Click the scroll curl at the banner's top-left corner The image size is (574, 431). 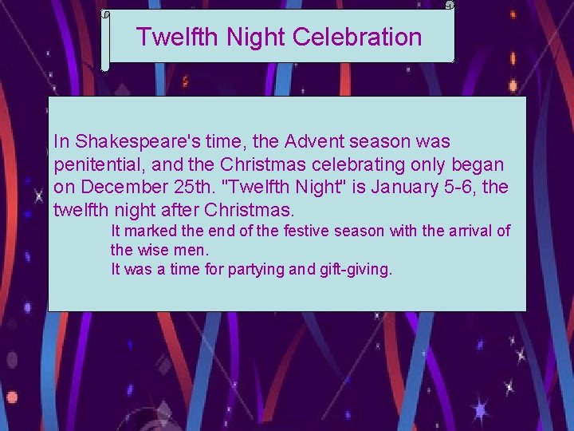coord(105,14)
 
